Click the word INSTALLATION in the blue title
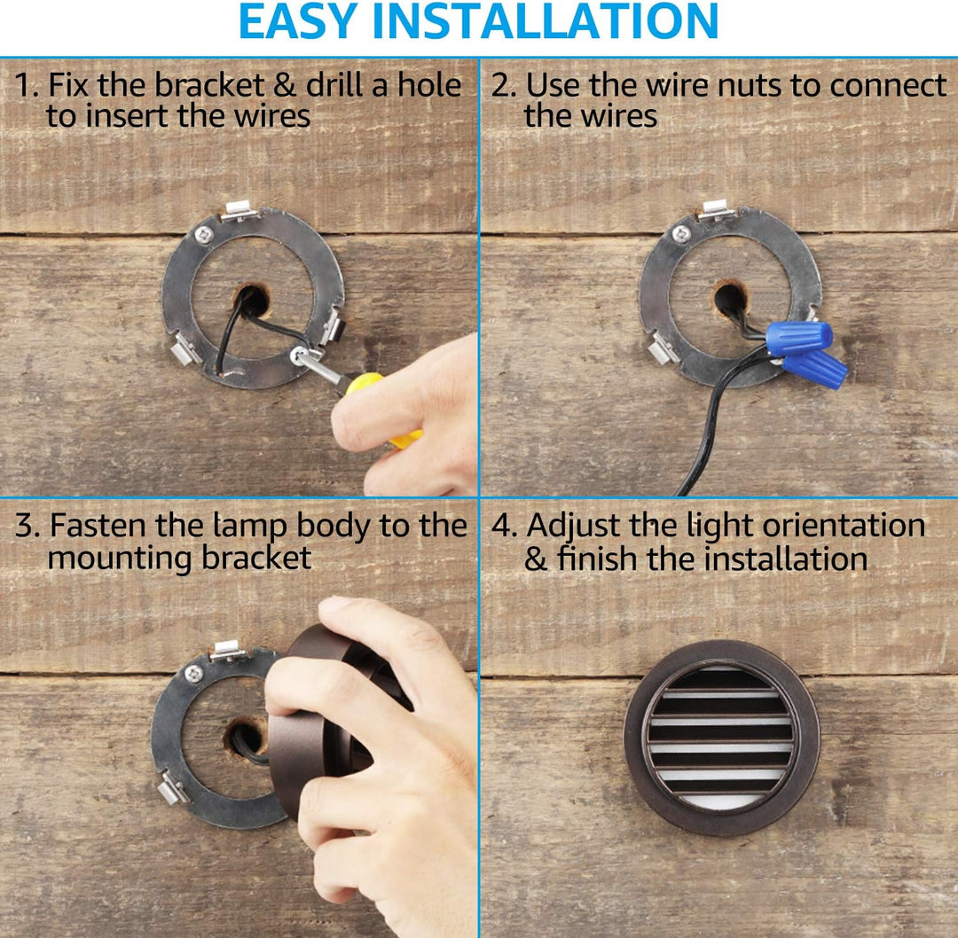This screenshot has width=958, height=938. [x=545, y=22]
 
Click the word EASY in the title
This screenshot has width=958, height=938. [x=298, y=22]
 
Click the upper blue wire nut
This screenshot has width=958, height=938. [x=798, y=338]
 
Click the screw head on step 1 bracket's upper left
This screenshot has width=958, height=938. [x=203, y=234]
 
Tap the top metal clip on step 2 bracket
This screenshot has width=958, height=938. [x=715, y=209]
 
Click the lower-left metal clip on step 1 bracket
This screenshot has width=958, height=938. [x=184, y=350]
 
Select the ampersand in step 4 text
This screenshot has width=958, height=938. [x=536, y=559]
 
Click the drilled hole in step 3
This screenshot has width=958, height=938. [x=247, y=738]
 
